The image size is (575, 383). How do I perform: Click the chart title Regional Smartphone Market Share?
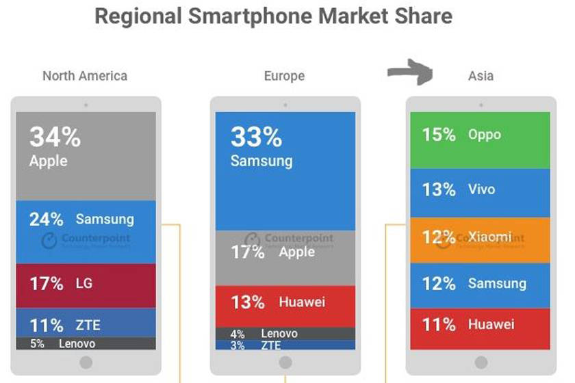tap(273, 16)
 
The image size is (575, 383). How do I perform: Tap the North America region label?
tap(85, 76)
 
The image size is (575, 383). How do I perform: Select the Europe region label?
tap(284, 76)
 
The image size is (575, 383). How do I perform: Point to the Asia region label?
tap(481, 76)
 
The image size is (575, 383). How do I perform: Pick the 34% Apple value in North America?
tap(55, 137)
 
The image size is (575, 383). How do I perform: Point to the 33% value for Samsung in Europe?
tap(256, 137)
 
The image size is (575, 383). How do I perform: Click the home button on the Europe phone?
tap(285, 362)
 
